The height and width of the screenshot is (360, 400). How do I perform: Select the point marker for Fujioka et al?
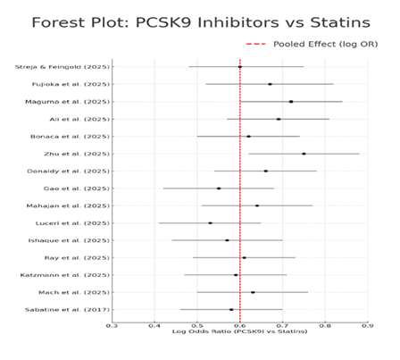tap(270, 84)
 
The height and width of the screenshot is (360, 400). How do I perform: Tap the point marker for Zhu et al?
tap(304, 154)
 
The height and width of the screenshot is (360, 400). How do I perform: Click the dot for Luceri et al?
tap(210, 222)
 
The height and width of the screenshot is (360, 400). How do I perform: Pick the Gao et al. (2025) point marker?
tap(219, 188)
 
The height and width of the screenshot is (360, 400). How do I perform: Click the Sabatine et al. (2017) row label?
tap(64, 309)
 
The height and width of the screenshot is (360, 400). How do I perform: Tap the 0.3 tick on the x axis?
tap(112, 326)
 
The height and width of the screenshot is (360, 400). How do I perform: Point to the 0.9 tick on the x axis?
tap(367, 326)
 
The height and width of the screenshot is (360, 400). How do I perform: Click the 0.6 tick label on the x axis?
tap(239, 326)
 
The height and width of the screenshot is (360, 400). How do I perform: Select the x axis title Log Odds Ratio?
tap(239, 333)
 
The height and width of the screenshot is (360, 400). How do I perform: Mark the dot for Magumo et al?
tap(291, 102)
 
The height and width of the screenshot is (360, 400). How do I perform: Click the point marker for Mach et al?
tap(253, 292)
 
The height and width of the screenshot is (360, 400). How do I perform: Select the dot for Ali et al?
tap(279, 119)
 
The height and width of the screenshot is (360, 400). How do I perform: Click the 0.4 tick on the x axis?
tap(154, 326)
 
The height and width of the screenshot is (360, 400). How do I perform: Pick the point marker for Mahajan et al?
tap(257, 205)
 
